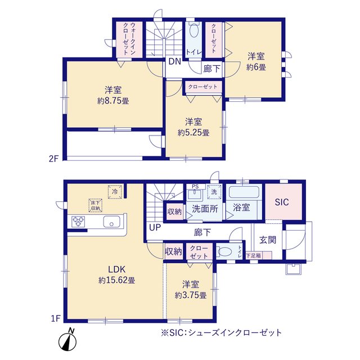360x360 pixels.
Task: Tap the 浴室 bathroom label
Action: [x=242, y=208]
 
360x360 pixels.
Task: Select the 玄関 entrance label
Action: [x=267, y=239]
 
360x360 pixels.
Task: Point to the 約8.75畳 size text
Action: [x=113, y=101]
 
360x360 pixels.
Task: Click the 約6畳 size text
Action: [x=256, y=67]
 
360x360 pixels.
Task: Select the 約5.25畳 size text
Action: [x=193, y=133]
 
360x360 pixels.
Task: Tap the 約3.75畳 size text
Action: [x=190, y=295]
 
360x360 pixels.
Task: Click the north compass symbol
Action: [x=69, y=340]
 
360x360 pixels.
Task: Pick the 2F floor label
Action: [x=53, y=157]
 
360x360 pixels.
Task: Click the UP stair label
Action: [x=154, y=228]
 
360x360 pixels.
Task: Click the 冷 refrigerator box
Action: [x=115, y=192]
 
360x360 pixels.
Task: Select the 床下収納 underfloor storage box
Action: [x=94, y=206]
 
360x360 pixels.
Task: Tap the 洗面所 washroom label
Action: [x=203, y=208]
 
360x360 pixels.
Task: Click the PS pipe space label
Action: [x=195, y=186]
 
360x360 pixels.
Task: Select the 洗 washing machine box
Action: [x=214, y=191]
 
